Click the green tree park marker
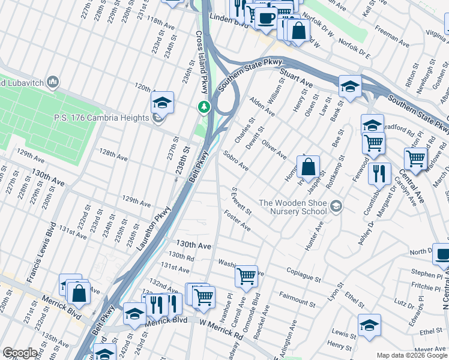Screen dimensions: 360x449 [205, 107]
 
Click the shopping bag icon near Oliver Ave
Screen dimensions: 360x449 [308, 167]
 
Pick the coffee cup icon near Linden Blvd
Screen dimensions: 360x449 [265, 17]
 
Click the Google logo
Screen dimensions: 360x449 [20, 353]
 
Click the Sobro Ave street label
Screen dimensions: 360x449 [236, 161]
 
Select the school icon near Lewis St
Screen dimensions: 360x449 [369, 326]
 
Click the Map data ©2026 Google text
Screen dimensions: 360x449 [411, 355]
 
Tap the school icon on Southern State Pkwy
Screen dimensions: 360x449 [350, 86]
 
